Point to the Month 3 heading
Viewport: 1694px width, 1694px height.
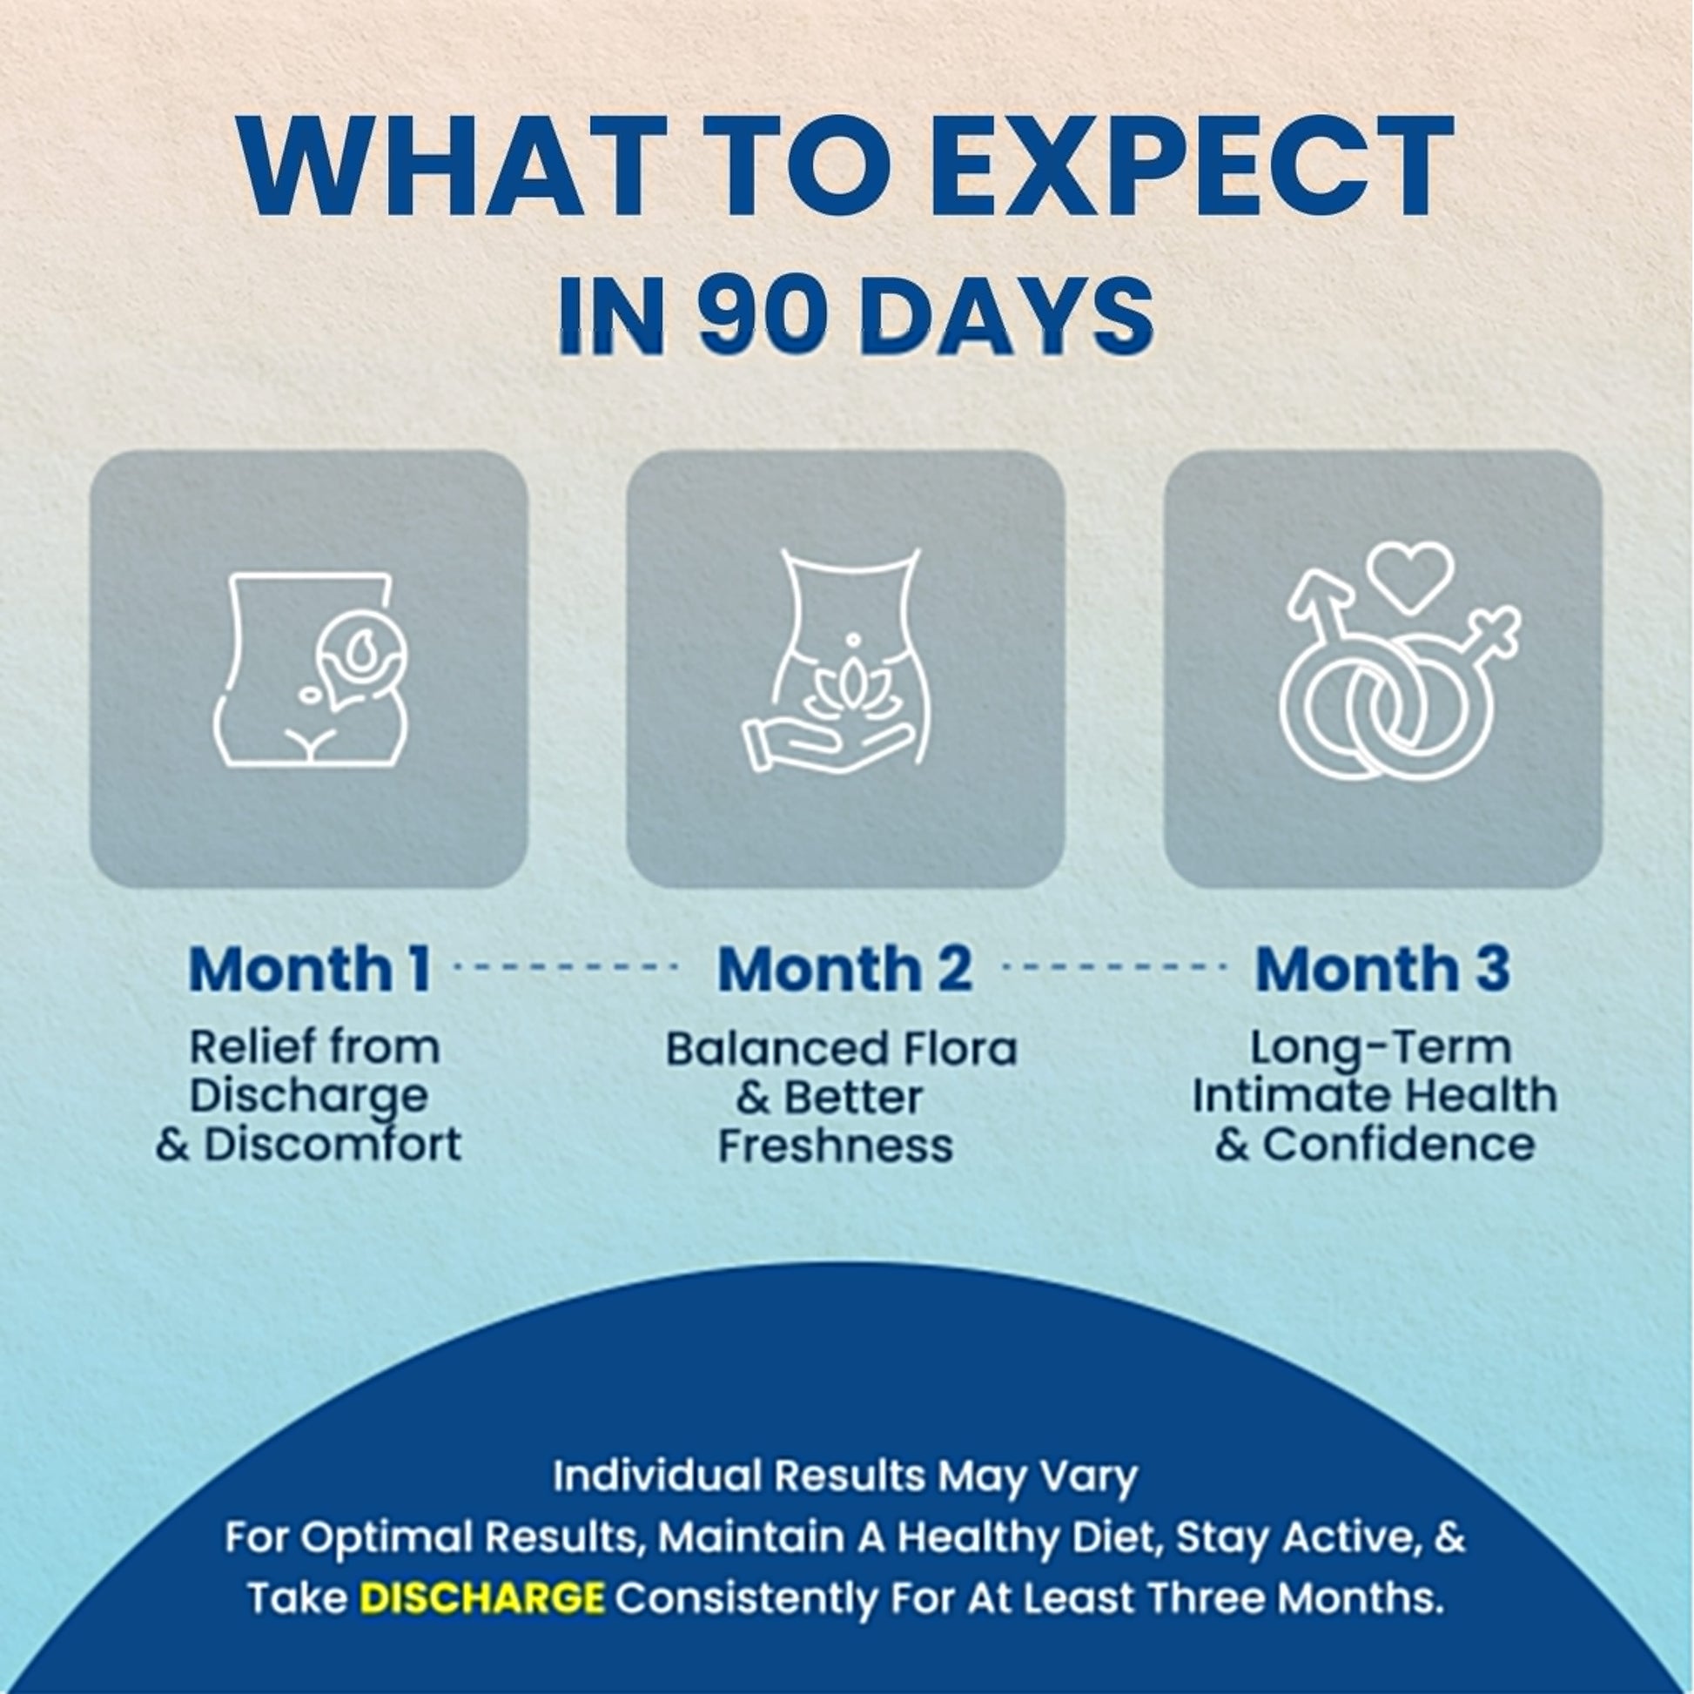click(x=1381, y=968)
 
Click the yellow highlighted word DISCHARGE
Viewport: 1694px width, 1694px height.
click(x=481, y=1597)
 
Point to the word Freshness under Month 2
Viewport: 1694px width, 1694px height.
click(x=835, y=1145)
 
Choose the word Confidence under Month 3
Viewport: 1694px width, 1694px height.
click(x=1399, y=1143)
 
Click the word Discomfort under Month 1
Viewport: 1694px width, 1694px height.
click(x=333, y=1143)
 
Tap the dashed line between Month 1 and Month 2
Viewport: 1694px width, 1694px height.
click(x=568, y=967)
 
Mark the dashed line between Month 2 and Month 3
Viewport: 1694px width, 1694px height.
click(x=1113, y=967)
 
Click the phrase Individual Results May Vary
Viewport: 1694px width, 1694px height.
click(x=845, y=1476)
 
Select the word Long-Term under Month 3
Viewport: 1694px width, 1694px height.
click(x=1381, y=1047)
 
